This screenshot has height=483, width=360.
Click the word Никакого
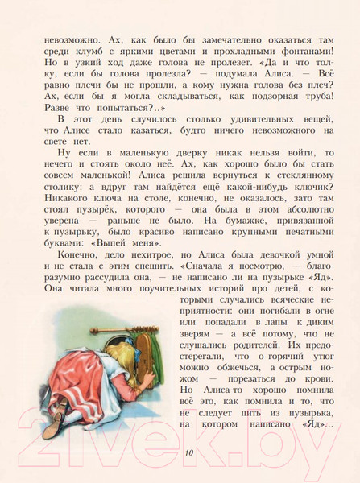click(x=55, y=195)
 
